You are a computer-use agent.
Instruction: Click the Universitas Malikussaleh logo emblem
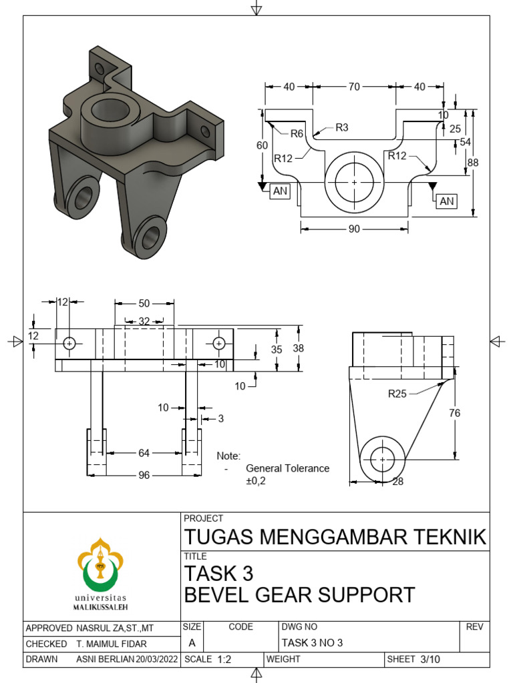click(102, 564)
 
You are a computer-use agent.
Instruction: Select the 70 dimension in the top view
click(354, 87)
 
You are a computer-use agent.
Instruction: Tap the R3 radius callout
click(342, 127)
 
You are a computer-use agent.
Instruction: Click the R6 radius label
click(297, 133)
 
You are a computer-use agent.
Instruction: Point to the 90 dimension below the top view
click(354, 229)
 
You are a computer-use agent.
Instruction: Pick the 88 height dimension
click(474, 163)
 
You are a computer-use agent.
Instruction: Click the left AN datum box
click(280, 191)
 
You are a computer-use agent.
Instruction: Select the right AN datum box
click(447, 200)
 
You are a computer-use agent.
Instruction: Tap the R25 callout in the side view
click(397, 394)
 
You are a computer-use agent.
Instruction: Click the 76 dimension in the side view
click(455, 413)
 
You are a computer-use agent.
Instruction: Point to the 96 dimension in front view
click(144, 476)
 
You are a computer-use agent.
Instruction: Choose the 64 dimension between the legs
click(144, 454)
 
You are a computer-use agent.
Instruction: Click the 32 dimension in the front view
click(144, 321)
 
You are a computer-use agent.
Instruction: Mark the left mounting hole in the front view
click(69, 344)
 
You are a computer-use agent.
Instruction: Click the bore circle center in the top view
click(354, 181)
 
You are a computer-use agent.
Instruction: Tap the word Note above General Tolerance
click(228, 456)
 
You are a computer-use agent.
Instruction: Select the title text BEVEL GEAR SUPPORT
click(299, 594)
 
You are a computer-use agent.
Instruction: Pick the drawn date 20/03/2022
click(158, 660)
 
